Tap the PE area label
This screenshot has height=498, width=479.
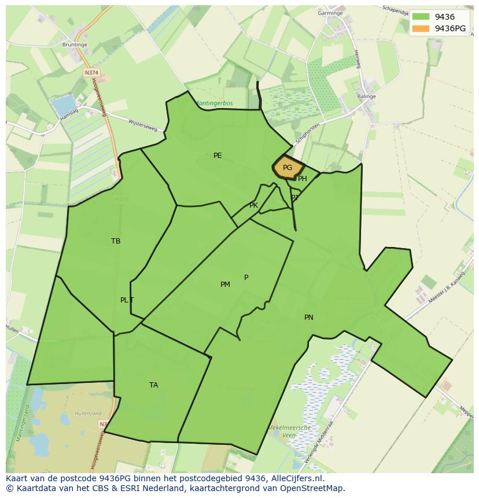click(218, 156)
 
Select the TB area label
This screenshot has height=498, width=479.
click(116, 241)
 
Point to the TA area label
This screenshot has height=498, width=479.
click(153, 385)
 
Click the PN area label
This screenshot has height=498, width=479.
click(309, 318)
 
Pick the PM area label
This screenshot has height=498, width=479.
click(225, 285)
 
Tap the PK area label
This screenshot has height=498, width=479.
click(253, 205)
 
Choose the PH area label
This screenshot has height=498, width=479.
click(303, 179)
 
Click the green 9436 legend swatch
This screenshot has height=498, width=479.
click(421, 17)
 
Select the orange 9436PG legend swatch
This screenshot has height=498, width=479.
click(421, 28)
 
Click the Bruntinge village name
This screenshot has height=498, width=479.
click(75, 44)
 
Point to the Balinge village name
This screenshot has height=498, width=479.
click(366, 97)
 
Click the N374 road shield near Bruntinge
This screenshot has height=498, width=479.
click(91, 73)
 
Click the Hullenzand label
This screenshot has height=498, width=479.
click(88, 414)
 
